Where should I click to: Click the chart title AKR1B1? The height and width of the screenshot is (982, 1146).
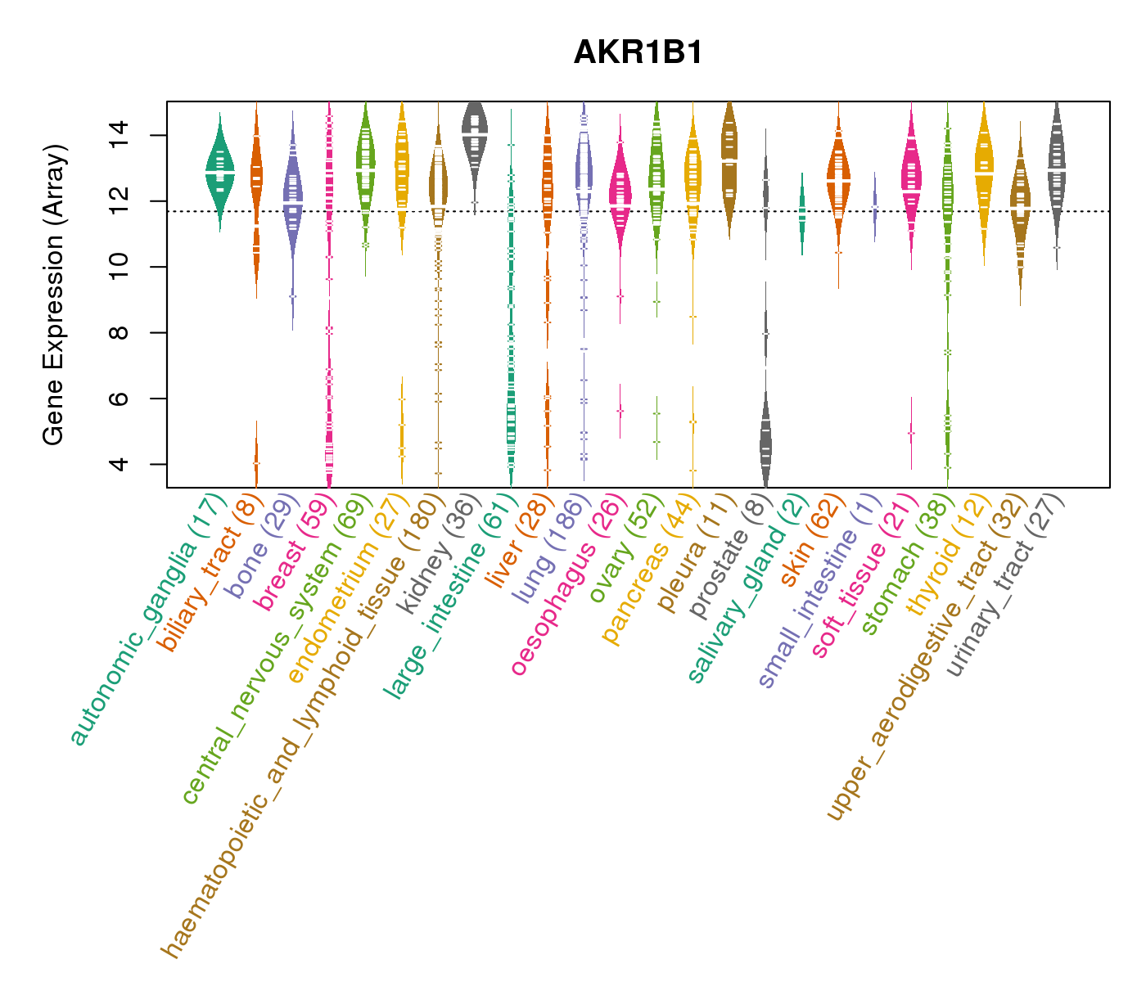click(x=638, y=52)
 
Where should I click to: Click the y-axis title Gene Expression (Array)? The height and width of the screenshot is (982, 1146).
click(x=54, y=295)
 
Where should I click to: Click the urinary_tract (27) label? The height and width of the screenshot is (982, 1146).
click(x=1005, y=587)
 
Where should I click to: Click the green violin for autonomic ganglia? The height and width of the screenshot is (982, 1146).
click(x=219, y=172)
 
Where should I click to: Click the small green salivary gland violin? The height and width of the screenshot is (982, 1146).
click(x=801, y=213)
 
